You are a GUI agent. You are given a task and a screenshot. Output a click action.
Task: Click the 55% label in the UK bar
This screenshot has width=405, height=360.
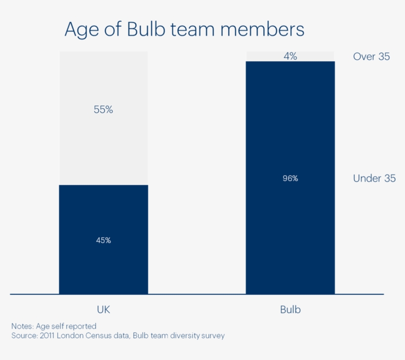(103, 110)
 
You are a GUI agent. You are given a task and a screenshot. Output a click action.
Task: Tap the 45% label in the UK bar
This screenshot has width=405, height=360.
(103, 240)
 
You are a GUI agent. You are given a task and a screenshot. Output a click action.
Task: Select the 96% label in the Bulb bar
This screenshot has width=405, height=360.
(290, 179)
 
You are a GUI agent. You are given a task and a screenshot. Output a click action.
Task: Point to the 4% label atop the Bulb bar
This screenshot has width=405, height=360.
(290, 56)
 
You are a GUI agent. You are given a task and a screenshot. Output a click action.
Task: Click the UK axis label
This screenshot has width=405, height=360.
(103, 310)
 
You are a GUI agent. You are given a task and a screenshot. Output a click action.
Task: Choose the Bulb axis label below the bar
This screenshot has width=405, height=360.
(290, 310)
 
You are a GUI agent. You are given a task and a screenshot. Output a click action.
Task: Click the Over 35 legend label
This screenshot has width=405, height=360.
(371, 56)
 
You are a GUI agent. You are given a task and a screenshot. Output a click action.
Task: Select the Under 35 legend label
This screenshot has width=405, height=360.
(374, 179)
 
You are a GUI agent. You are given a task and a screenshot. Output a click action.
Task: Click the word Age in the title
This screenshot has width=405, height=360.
(81, 30)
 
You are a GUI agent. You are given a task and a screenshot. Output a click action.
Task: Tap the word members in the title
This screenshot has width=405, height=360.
(262, 30)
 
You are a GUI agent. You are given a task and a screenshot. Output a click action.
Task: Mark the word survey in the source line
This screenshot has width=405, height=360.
(212, 336)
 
